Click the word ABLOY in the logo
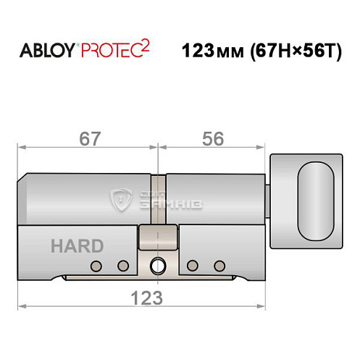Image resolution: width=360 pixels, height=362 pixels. [44, 52]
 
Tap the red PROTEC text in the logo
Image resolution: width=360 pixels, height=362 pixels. [112, 52]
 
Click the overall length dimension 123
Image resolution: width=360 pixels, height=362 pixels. [143, 297]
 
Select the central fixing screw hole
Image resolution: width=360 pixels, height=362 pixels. [158, 266]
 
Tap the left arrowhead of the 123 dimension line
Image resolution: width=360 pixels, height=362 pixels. [21, 306]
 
